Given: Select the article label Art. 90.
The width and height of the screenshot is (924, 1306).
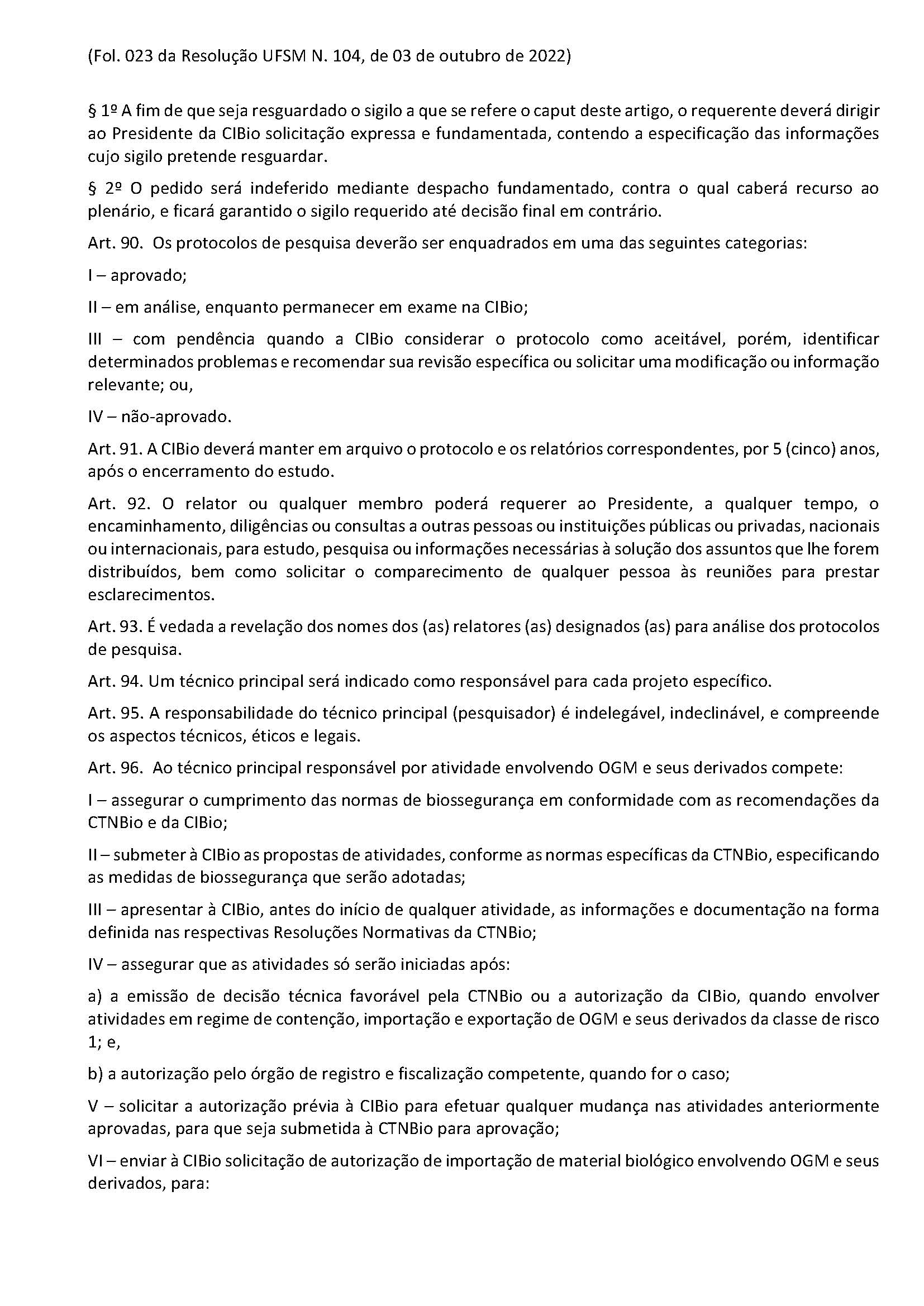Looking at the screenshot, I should click(x=115, y=243).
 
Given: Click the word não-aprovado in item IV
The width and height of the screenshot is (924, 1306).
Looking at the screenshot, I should click(x=176, y=417).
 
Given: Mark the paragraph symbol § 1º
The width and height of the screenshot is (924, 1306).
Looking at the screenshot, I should click(x=103, y=111).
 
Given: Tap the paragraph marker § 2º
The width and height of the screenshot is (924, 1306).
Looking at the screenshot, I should click(x=103, y=188).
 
